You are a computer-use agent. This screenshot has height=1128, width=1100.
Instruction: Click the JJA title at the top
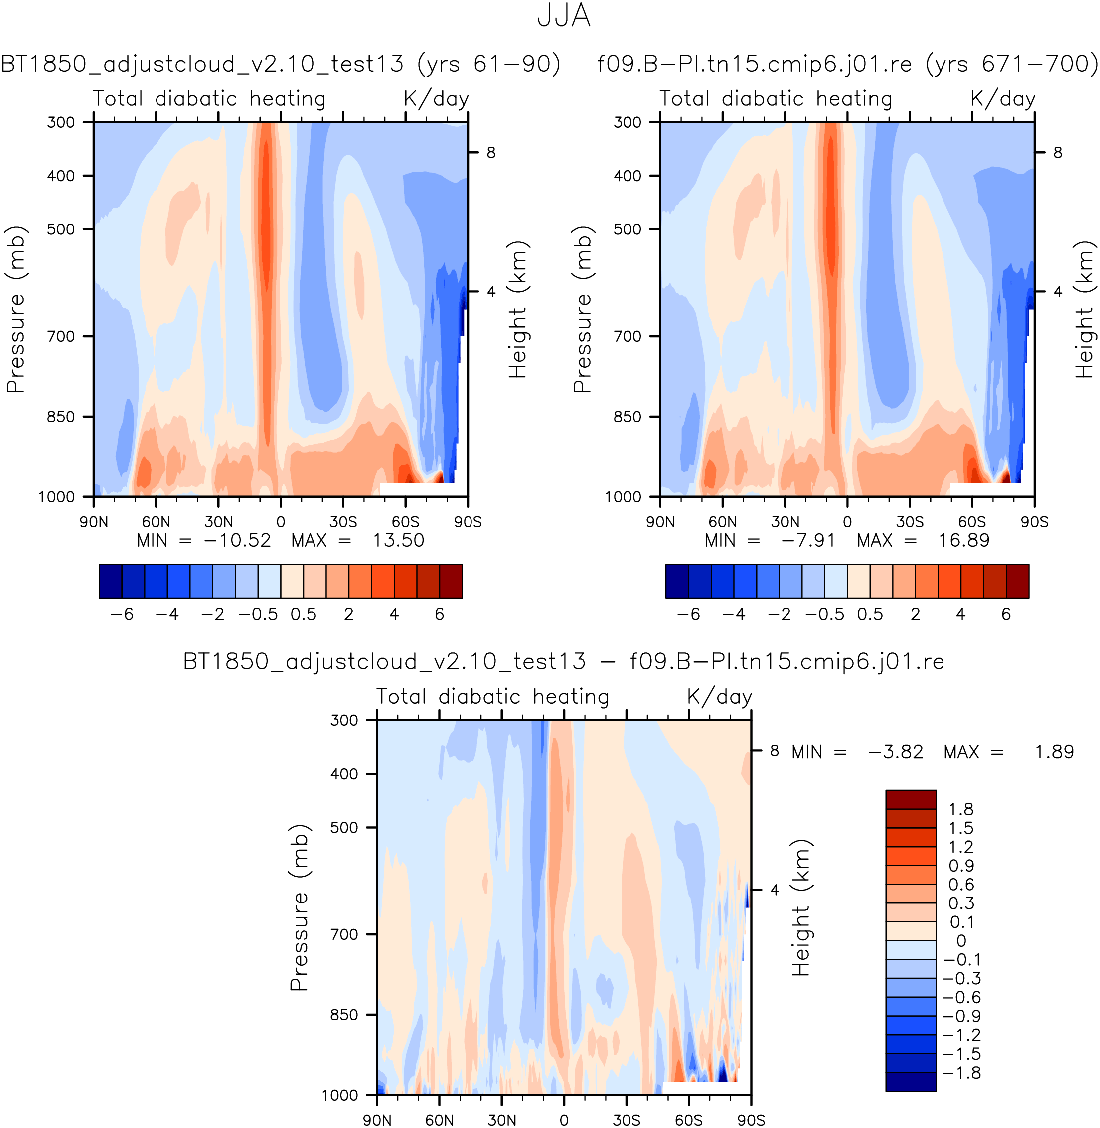[563, 16]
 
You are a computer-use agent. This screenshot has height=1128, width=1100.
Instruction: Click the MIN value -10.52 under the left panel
[237, 541]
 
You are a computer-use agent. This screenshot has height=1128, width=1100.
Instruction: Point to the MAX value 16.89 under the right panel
[963, 541]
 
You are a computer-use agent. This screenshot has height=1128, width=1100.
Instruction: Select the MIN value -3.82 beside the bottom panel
[895, 752]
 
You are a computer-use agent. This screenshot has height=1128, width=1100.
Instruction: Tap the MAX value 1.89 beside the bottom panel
[1054, 752]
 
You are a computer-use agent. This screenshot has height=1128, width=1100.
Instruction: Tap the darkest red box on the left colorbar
[451, 581]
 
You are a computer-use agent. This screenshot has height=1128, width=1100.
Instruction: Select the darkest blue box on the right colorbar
[677, 581]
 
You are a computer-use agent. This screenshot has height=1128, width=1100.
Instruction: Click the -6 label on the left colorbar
[122, 614]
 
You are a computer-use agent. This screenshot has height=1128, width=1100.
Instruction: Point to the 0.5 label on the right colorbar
[870, 614]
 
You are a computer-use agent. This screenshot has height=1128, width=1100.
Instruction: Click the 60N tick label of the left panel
[156, 522]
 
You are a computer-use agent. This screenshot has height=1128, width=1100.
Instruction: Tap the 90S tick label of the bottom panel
[751, 1120]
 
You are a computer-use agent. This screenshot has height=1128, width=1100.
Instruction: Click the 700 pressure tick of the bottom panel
[344, 934]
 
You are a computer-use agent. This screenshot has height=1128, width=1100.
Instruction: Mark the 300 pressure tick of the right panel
[628, 122]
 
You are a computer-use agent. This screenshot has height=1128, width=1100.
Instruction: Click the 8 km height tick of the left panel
[491, 153]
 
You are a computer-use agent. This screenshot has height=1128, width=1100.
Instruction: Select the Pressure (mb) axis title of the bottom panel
[299, 907]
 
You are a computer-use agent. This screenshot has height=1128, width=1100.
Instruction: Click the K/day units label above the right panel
[1002, 99]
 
